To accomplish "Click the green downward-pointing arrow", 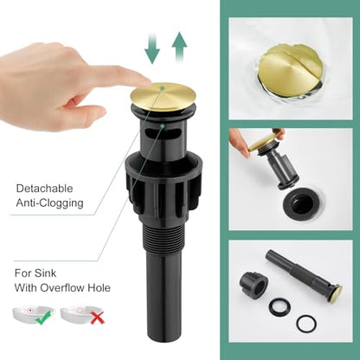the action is tap(152, 48).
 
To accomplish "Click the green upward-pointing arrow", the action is tap(179, 47).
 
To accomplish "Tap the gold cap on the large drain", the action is tap(164, 96).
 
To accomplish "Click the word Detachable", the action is tap(44, 189).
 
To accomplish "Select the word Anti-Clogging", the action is tap(49, 202).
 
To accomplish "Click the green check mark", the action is tap(43, 317).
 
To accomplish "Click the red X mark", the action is tap(98, 318).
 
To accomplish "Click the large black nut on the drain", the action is tap(163, 185).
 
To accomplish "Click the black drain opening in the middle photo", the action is tap(299, 204).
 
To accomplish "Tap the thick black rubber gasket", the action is tap(280, 306).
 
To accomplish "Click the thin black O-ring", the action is tap(305, 322).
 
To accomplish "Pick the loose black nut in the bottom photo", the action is tap(254, 282).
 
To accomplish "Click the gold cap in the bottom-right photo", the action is tap(337, 291).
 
